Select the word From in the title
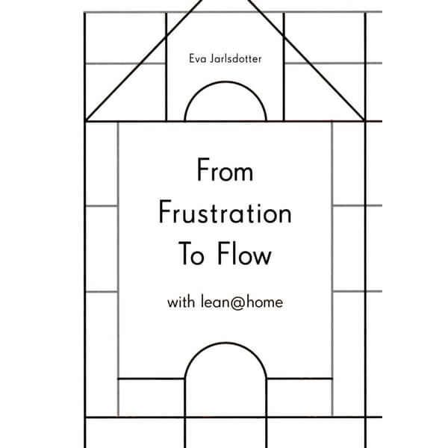[225, 170]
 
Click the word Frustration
[225, 212]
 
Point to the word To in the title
[191, 254]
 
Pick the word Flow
[244, 254]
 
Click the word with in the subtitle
[181, 302]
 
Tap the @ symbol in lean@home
[237, 303]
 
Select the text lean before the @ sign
[215, 302]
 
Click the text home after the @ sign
[264, 302]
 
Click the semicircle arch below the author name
[225, 82]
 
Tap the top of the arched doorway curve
[225, 343]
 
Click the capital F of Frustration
[164, 212]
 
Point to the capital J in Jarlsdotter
[213, 58]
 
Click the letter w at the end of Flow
[263, 257]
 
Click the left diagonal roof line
[144, 60]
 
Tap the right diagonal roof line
[305, 60]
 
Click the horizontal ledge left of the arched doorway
[151, 379]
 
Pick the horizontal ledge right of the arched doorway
[299, 379]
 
